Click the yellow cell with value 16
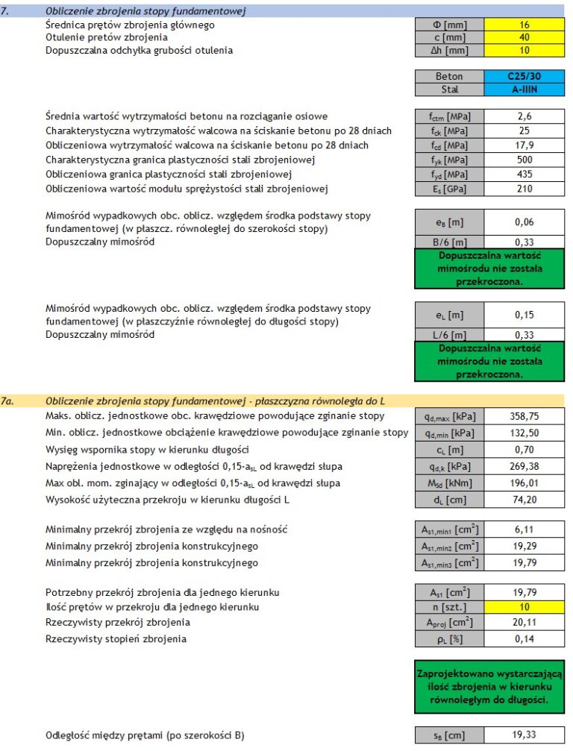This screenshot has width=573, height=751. [x=524, y=25]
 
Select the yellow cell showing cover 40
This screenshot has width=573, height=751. [x=524, y=37]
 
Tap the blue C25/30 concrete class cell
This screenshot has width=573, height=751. [x=524, y=76]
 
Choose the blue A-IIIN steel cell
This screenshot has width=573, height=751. [x=524, y=89]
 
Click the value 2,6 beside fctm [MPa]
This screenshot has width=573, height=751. [x=524, y=116]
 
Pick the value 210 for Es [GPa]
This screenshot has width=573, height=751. [x=524, y=189]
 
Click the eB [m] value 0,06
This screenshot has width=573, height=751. [x=524, y=222]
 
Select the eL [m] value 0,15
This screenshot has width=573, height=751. [x=524, y=315]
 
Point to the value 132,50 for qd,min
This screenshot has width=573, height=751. [x=524, y=433]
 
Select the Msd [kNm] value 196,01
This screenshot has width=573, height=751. [x=524, y=483]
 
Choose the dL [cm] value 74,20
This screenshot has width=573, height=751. [x=524, y=500]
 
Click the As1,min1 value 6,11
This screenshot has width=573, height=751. [x=524, y=530]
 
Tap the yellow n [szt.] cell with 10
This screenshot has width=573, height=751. [x=524, y=607]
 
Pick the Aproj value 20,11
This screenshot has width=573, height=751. [x=524, y=623]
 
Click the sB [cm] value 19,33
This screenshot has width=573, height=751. [x=524, y=735]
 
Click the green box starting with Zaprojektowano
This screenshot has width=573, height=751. [x=489, y=686]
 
